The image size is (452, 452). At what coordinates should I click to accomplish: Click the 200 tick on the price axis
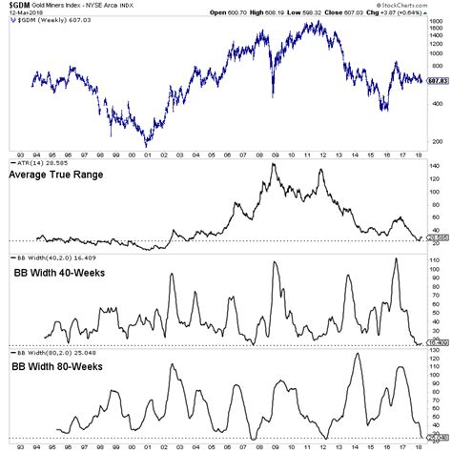tap(435, 140)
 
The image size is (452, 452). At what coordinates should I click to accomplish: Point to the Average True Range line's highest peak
tap(274, 165)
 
